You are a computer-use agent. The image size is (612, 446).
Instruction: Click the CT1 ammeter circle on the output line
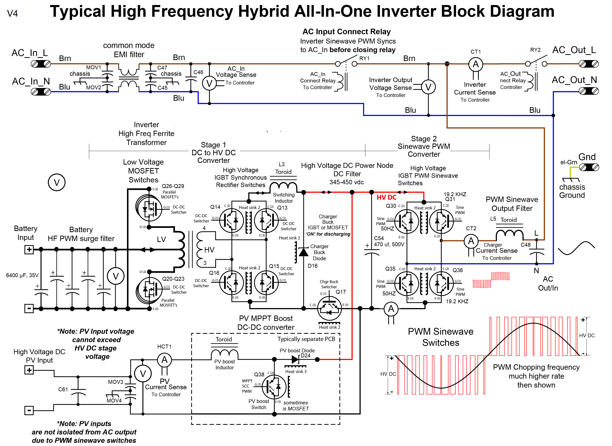[476, 64]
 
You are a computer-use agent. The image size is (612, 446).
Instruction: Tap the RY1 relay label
[364, 58]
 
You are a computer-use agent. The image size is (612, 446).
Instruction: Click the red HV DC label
[386, 197]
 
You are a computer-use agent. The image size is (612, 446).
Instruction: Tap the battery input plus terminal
[29, 249]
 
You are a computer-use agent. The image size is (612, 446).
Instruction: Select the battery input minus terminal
[29, 308]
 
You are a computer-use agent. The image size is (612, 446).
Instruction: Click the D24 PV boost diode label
[305, 356]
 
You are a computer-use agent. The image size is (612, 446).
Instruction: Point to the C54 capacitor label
[379, 238]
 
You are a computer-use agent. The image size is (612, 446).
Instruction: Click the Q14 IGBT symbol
[231, 221]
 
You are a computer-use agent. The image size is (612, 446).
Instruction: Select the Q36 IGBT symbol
[441, 283]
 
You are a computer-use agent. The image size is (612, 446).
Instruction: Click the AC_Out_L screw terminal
[589, 64]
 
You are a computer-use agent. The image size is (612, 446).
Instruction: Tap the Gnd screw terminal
[589, 167]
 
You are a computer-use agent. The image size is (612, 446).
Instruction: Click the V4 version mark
[12, 14]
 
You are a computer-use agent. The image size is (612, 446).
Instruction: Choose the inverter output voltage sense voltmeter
[428, 87]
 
